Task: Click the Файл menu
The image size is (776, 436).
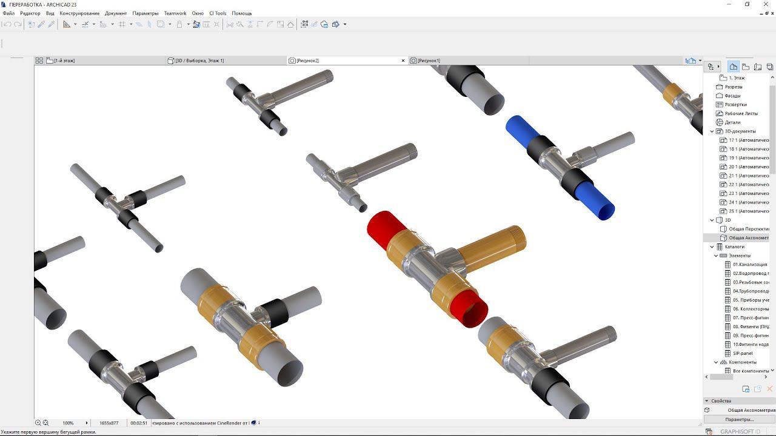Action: point(8,13)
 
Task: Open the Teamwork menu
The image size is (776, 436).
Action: point(175,13)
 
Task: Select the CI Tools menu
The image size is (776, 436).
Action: point(218,13)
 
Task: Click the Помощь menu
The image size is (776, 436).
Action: point(241,13)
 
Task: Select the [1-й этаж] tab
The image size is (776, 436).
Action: point(64,61)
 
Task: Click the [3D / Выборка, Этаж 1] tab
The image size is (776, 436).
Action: point(199,61)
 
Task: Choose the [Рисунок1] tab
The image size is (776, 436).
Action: point(429,61)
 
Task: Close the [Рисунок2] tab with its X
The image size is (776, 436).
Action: point(403,61)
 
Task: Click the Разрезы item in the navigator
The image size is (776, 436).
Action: point(733,87)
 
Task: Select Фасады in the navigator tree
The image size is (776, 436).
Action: point(732,96)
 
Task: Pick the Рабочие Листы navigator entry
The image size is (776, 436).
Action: point(741,113)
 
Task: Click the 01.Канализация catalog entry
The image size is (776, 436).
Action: point(749,265)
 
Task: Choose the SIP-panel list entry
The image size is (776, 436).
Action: point(742,353)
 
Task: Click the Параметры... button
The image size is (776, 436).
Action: point(739,419)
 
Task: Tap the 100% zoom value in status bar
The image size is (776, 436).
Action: point(68,423)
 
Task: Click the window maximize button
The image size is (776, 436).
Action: point(747,4)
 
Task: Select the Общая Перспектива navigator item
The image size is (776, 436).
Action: point(748,229)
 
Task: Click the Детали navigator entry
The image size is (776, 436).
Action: point(732,122)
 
